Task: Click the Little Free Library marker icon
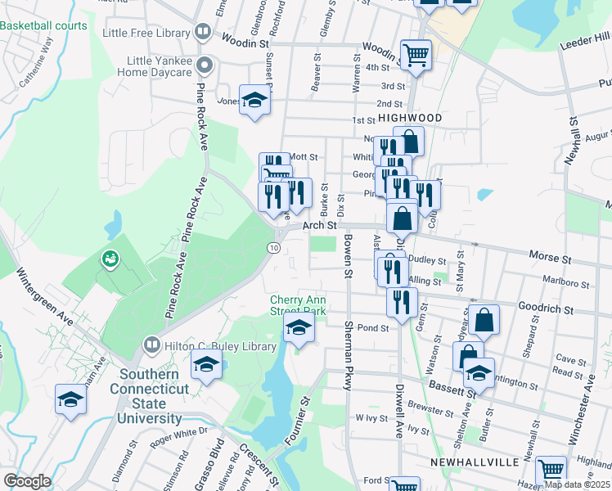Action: tap(204, 34)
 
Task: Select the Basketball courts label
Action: tap(43, 25)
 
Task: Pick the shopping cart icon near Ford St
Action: tap(551, 471)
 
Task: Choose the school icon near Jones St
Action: tap(255, 101)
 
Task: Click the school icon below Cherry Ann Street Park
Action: tap(299, 330)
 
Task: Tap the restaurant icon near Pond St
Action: tap(401, 302)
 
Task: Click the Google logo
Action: tap(27, 481)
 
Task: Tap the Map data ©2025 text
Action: tap(578, 484)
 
